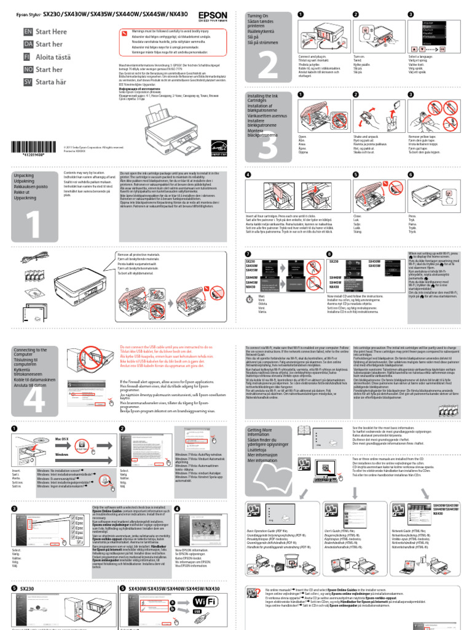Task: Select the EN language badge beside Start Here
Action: (28, 31)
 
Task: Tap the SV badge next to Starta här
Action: (28, 81)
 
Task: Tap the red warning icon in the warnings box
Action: (125, 33)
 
